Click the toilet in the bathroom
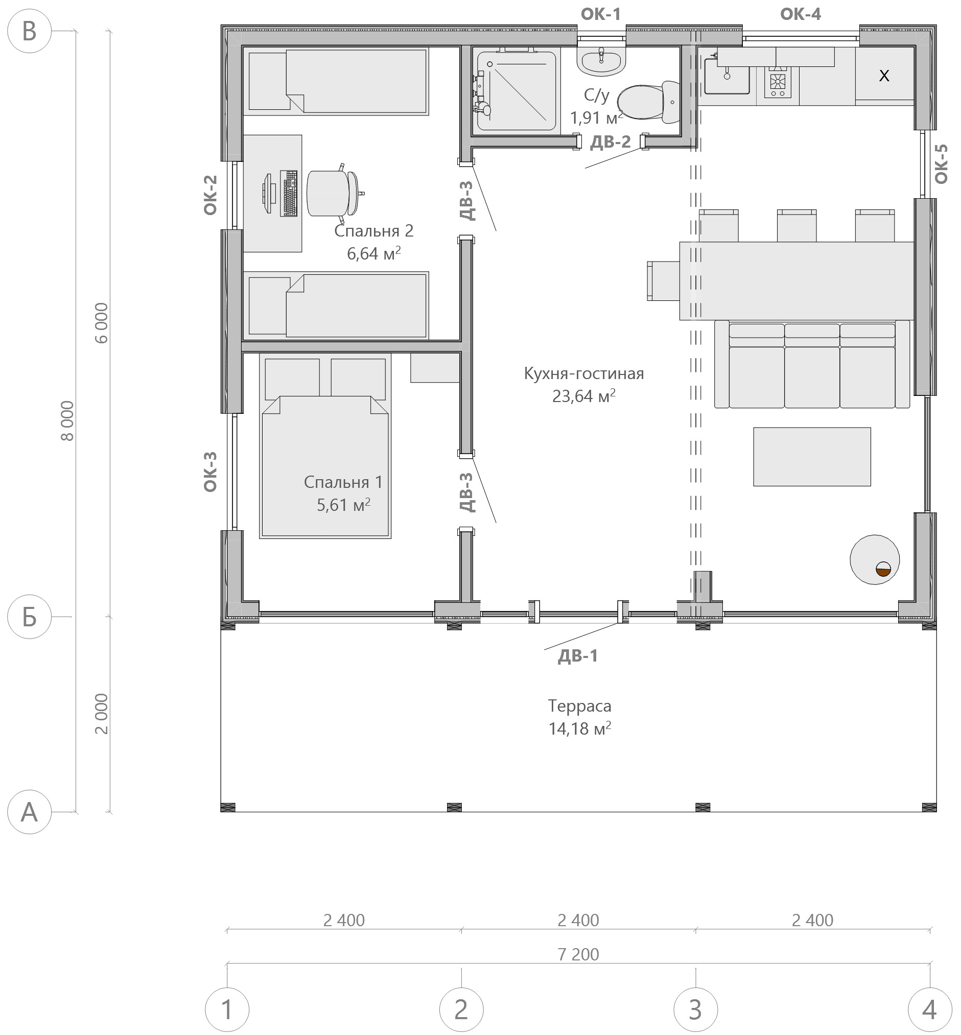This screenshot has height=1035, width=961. tap(648, 102)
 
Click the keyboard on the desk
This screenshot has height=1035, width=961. tap(289, 193)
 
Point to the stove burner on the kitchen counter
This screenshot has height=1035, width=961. tap(778, 82)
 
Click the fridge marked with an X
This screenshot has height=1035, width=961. tap(884, 76)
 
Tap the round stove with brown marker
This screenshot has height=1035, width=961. tap(875, 559)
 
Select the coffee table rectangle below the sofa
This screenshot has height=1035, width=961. tap(812, 457)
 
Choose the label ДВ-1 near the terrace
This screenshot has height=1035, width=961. tap(578, 656)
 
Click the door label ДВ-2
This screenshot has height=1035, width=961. tap(610, 142)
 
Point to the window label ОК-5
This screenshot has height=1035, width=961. tap(941, 164)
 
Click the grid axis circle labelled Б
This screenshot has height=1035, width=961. tap(30, 617)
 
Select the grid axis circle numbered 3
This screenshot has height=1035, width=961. tap(696, 1009)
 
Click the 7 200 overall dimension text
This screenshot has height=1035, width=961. tap(578, 954)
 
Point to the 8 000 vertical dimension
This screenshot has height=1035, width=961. tap(67, 421)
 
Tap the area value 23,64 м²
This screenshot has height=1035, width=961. tap(584, 396)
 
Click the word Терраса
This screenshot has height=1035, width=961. tap(579, 706)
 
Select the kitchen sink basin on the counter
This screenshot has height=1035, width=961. tap(727, 77)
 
